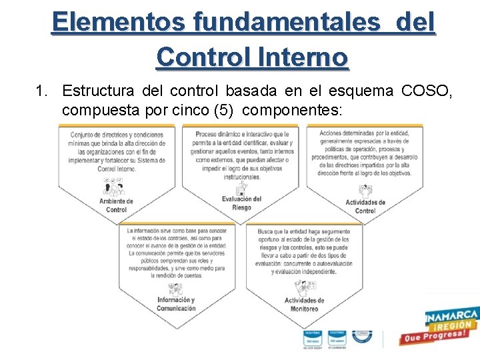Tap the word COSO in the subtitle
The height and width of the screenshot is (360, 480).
pyautogui.click(x=427, y=91)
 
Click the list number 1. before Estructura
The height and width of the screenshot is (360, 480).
pyautogui.click(x=43, y=91)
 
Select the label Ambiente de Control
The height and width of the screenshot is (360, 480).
pyautogui.click(x=116, y=205)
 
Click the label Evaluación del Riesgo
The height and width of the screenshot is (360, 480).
pyautogui.click(x=241, y=203)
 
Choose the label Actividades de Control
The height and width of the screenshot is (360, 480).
pyautogui.click(x=365, y=206)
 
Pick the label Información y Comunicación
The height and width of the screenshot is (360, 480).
pyautogui.click(x=176, y=304)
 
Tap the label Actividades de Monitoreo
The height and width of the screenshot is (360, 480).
pyautogui.click(x=304, y=305)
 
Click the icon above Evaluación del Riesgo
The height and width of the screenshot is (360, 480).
pyautogui.click(x=242, y=184)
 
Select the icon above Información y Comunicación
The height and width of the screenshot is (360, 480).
pyautogui.click(x=175, y=285)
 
